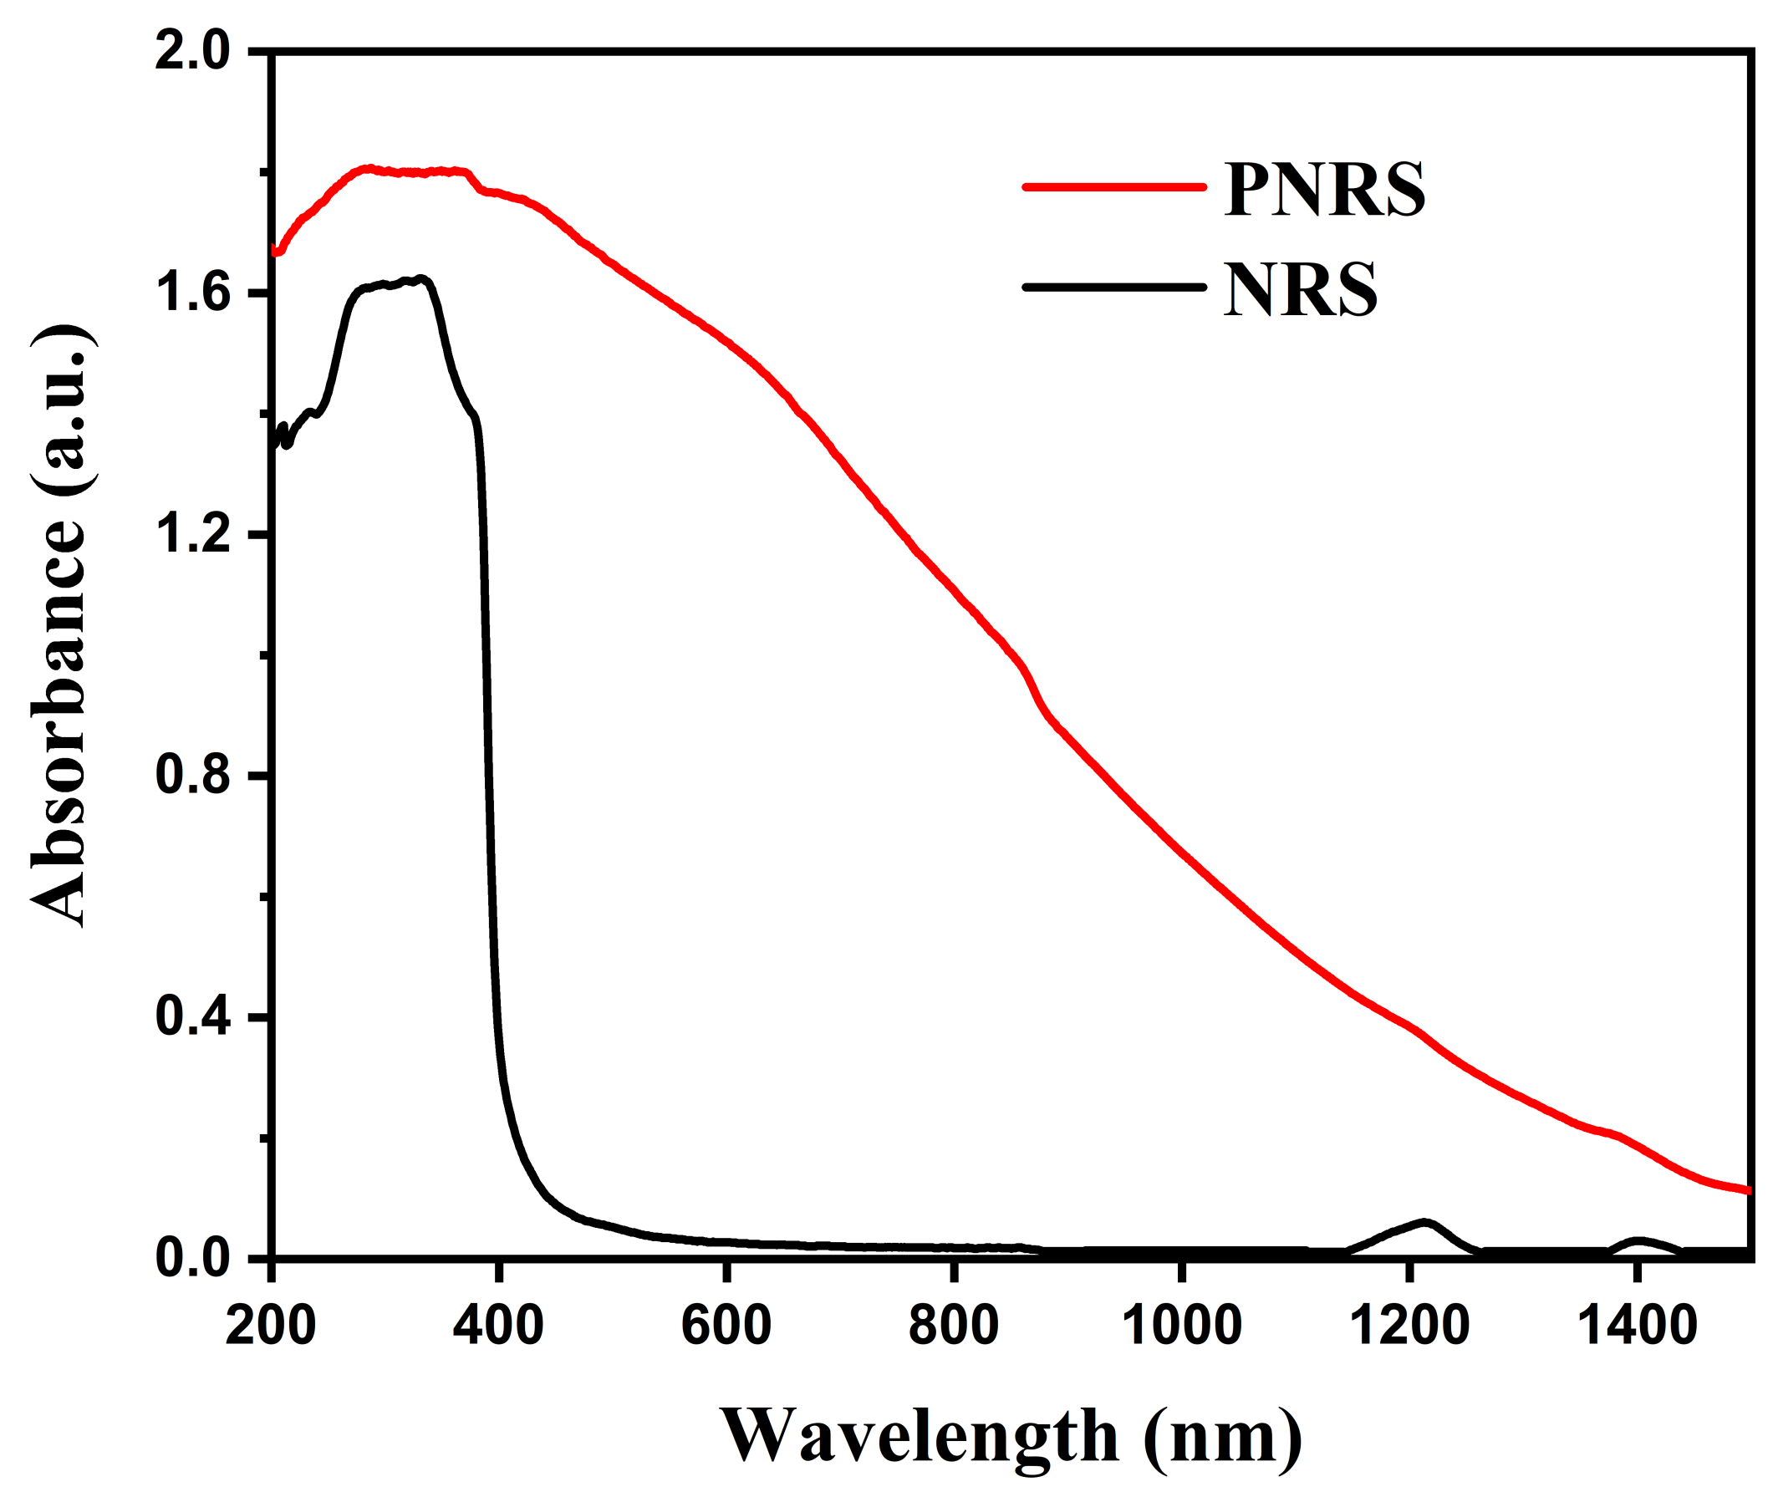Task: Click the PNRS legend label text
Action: tap(1324, 190)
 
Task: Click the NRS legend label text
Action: tap(1300, 290)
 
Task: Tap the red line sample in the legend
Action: tap(1113, 186)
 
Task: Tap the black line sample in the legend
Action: tap(1113, 287)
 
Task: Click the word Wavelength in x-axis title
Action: tap(920, 1436)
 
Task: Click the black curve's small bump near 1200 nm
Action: tap(1424, 1224)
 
